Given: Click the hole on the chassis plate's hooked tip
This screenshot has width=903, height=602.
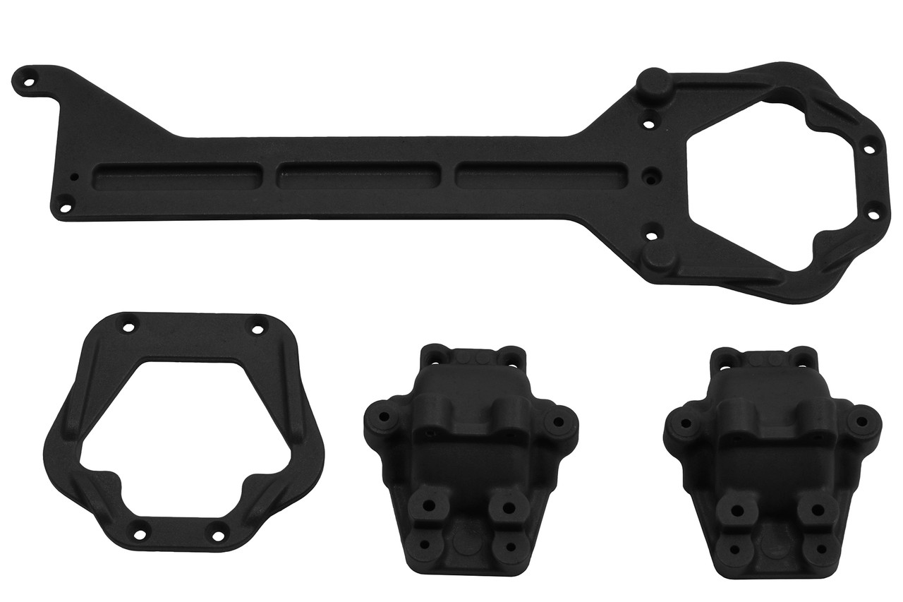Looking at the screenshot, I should click(29, 80).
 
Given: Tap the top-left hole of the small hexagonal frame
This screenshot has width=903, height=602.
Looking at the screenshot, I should click(128, 328).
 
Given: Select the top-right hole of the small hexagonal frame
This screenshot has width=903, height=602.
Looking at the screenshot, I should click(257, 328).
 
